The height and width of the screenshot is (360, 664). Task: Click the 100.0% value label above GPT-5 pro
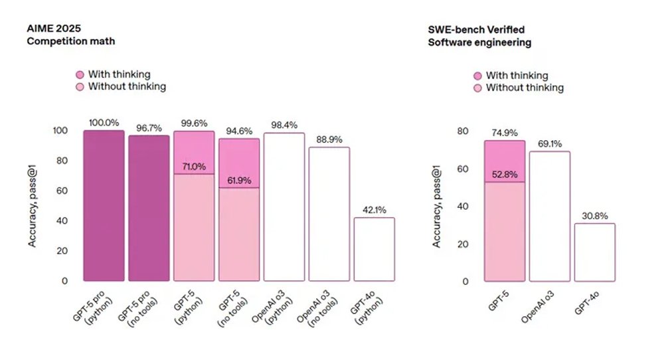tap(104, 123)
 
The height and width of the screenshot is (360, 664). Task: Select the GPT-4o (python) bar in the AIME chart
tap(374, 249)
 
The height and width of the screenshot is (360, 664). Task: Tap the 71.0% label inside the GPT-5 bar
tap(194, 167)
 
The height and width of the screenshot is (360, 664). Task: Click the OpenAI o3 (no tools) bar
tap(329, 214)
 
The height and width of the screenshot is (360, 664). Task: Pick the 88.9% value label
tap(329, 140)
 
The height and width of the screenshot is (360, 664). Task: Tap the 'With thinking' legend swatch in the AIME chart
tap(80, 74)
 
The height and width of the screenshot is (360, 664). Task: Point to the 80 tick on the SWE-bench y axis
tap(463, 132)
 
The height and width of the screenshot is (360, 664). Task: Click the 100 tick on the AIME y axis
tap(60, 131)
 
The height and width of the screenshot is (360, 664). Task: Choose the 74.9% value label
tap(505, 133)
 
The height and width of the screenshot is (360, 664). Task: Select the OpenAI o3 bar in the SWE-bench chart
tap(550, 216)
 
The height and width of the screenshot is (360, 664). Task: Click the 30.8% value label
tap(595, 216)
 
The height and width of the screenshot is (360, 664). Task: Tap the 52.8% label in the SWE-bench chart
tap(505, 175)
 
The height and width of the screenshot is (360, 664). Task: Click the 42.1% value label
tap(374, 210)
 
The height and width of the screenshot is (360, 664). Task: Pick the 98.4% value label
tap(284, 126)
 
